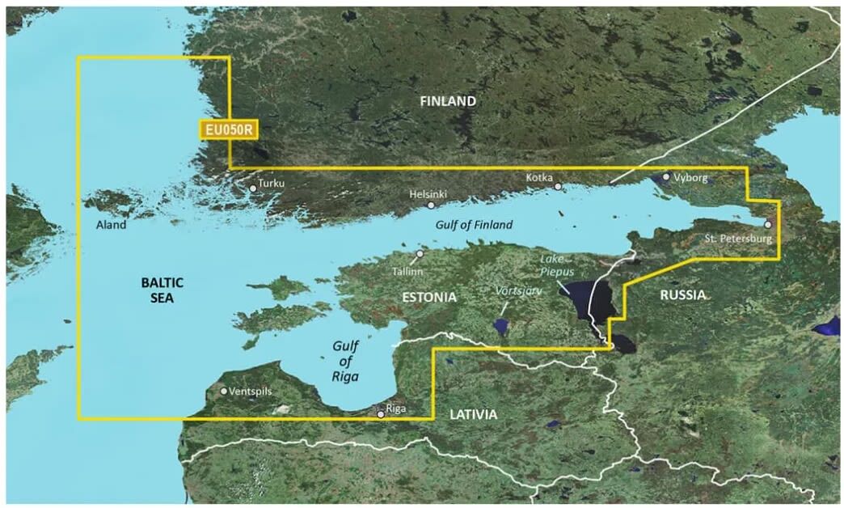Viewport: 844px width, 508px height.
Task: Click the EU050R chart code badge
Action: (226, 129)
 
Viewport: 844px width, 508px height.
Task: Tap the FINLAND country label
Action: (448, 101)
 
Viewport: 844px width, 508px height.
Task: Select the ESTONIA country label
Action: (429, 298)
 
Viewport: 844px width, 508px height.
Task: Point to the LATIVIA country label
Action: (473, 414)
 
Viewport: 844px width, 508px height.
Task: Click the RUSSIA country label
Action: (683, 295)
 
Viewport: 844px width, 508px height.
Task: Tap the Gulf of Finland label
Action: (474, 225)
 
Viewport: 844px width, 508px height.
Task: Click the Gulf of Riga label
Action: (346, 361)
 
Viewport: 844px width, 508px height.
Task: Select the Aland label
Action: (110, 225)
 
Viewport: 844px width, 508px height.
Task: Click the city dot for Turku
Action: (253, 188)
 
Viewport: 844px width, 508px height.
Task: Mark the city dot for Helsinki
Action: (431, 205)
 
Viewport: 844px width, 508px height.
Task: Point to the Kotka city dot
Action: (558, 187)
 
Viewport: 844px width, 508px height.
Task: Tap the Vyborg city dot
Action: (665, 176)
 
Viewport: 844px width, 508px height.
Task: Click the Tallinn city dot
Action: (420, 254)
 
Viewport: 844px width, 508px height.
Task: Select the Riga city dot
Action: (381, 413)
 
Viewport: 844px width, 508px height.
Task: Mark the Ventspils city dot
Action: (224, 391)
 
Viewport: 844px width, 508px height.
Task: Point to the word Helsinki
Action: (428, 195)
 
